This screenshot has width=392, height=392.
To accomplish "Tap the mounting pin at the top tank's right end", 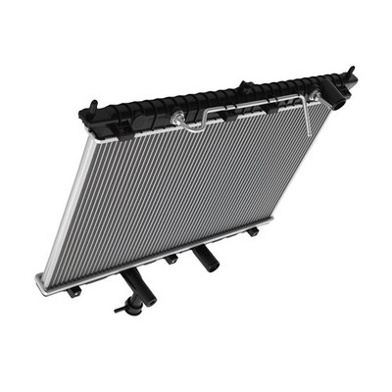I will [x=351, y=73].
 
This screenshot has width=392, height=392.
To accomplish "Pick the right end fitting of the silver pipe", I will [x=316, y=96].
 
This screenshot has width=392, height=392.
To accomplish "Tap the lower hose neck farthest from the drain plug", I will [x=205, y=260].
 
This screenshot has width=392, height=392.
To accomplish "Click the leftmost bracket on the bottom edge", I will [x=73, y=291].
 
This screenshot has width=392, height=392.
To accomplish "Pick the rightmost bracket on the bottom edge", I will [x=252, y=231].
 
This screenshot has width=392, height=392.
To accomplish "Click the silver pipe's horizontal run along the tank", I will [x=255, y=105].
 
